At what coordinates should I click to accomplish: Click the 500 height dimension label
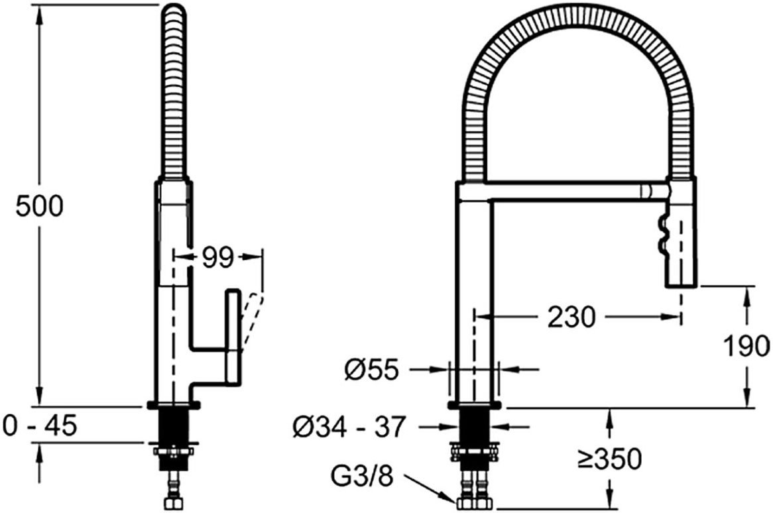click(x=39, y=206)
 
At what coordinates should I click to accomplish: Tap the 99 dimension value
click(x=217, y=257)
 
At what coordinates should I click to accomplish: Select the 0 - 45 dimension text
click(x=39, y=425)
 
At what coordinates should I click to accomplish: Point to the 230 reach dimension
click(x=571, y=317)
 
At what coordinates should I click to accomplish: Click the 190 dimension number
click(x=746, y=345)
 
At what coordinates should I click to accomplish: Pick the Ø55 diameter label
click(x=371, y=369)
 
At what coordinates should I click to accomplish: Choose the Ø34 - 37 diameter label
click(x=349, y=427)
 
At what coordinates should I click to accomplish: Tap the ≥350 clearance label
click(x=610, y=459)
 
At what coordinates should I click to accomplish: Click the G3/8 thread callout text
click(x=363, y=476)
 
